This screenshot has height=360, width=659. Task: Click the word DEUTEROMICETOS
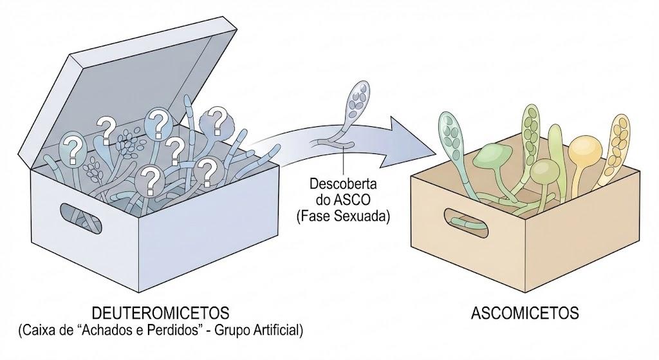160,314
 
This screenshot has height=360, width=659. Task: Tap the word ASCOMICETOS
525,314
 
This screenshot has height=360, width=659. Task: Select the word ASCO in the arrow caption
350,200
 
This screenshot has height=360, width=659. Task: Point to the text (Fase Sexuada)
344,216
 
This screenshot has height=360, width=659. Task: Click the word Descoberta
344,184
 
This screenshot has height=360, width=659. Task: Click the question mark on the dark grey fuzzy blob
218,119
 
